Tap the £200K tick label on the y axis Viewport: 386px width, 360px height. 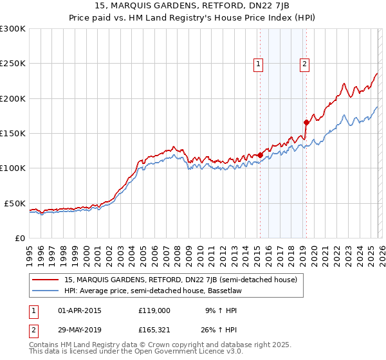[13, 98]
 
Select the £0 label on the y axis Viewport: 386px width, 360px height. [21, 238]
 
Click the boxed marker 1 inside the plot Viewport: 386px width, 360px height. [258, 63]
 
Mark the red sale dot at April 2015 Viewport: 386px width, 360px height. [260, 155]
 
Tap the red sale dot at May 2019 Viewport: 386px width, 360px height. [306, 122]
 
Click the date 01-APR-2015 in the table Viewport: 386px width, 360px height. [80, 310]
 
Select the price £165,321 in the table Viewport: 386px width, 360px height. [154, 330]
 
